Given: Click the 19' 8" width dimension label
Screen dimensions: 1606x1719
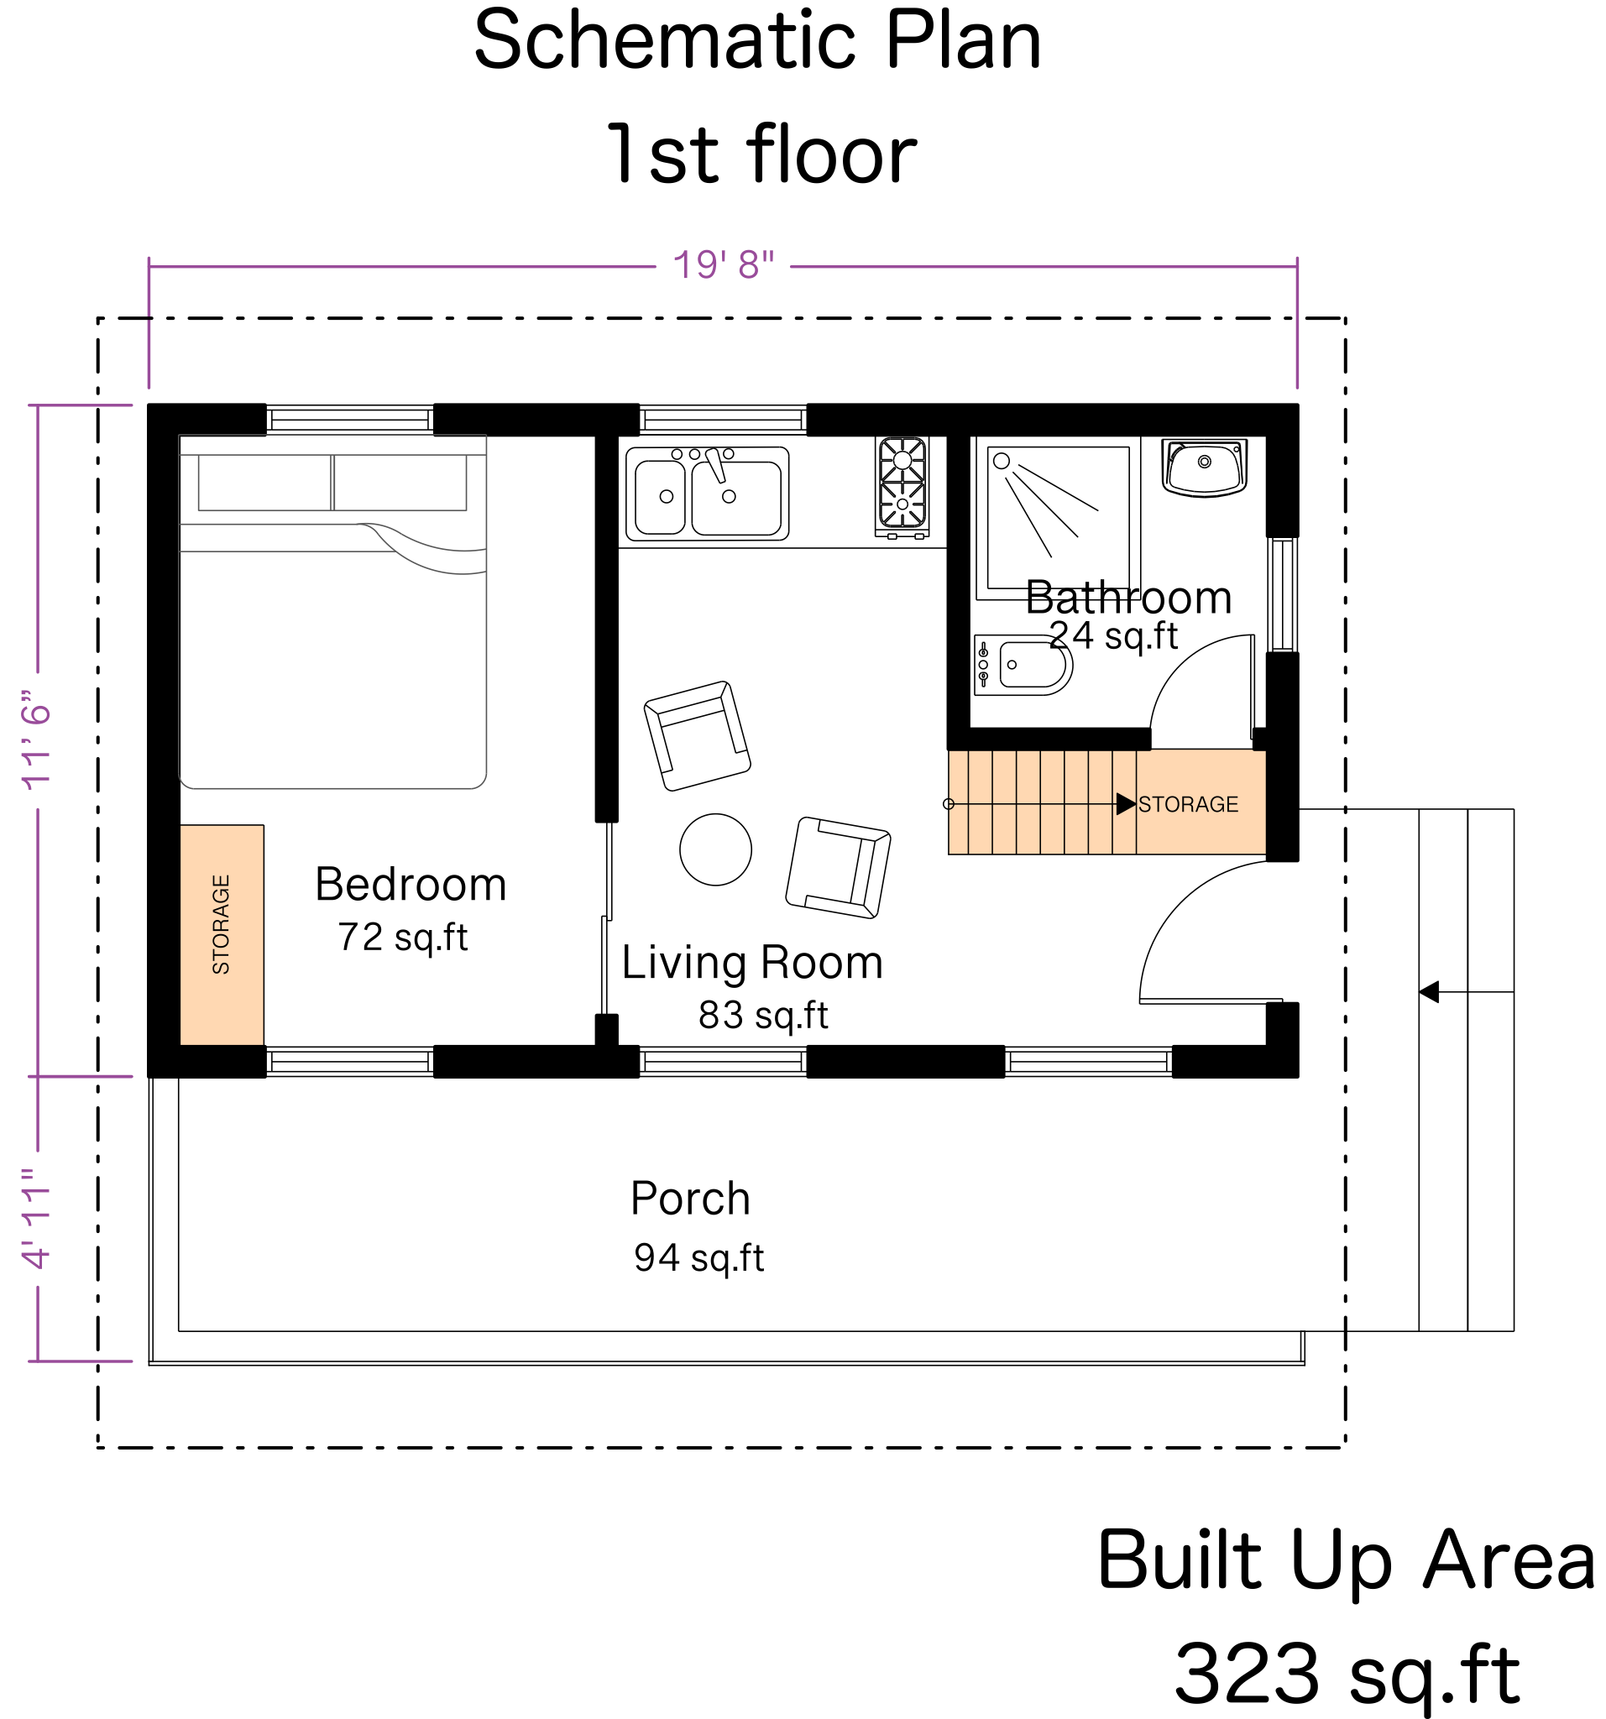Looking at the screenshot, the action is (x=723, y=265).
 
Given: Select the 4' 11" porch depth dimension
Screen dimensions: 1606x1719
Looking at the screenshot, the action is (x=37, y=1220).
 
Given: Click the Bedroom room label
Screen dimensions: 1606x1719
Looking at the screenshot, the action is (x=411, y=885).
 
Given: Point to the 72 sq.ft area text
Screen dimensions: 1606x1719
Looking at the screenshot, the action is (x=403, y=938).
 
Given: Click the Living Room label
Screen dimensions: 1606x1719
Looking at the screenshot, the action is (x=752, y=964).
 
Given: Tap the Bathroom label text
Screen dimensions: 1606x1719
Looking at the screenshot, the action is (x=1128, y=598).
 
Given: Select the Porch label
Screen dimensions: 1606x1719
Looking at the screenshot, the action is (x=690, y=1199).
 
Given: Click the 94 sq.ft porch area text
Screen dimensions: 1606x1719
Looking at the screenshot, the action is (x=698, y=1258).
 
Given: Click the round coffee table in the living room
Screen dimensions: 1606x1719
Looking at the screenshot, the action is (x=715, y=849).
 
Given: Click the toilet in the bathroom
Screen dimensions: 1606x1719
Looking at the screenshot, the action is (x=1023, y=665).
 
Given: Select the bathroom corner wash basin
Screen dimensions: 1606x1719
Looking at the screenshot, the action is (x=1204, y=468).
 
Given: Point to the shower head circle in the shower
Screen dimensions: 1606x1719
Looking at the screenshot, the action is (x=1001, y=461).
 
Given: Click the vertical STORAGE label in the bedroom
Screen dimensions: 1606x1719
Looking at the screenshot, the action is (x=222, y=924).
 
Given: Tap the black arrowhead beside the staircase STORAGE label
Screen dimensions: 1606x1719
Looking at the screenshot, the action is (x=1125, y=804).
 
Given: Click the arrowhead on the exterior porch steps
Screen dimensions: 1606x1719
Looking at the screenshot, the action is (x=1429, y=992).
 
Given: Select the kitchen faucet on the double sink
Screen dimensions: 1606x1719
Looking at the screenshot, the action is (x=715, y=465).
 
